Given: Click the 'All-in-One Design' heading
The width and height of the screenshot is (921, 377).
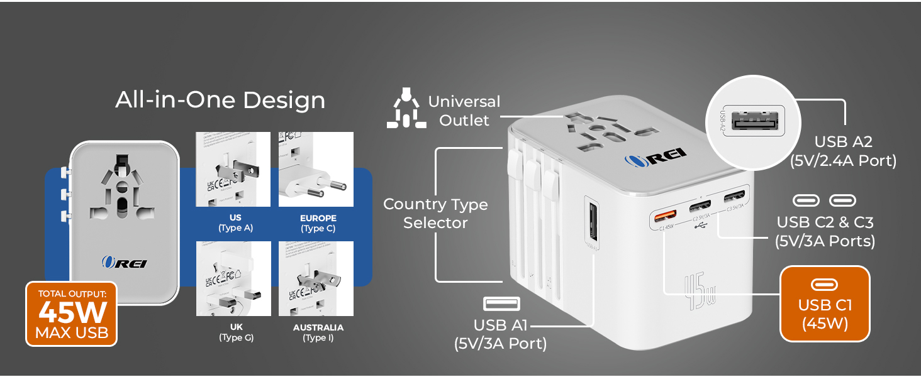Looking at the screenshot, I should [220, 101].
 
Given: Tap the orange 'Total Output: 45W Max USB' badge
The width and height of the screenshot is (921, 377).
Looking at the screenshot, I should [72, 314].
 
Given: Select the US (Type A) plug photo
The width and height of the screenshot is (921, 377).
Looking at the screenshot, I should [233, 169].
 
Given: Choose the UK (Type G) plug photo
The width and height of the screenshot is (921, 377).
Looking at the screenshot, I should [233, 278].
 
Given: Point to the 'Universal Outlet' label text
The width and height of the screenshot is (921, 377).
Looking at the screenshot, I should [464, 111].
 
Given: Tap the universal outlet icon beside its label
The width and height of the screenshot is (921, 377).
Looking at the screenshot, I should [406, 111].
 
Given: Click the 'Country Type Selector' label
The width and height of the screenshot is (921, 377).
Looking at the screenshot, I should [435, 214].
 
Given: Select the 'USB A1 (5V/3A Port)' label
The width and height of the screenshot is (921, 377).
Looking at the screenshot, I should [501, 334].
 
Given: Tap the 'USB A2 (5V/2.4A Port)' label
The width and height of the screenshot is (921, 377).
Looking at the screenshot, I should [843, 151].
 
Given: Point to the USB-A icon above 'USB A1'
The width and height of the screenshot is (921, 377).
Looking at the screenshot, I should [501, 304].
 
